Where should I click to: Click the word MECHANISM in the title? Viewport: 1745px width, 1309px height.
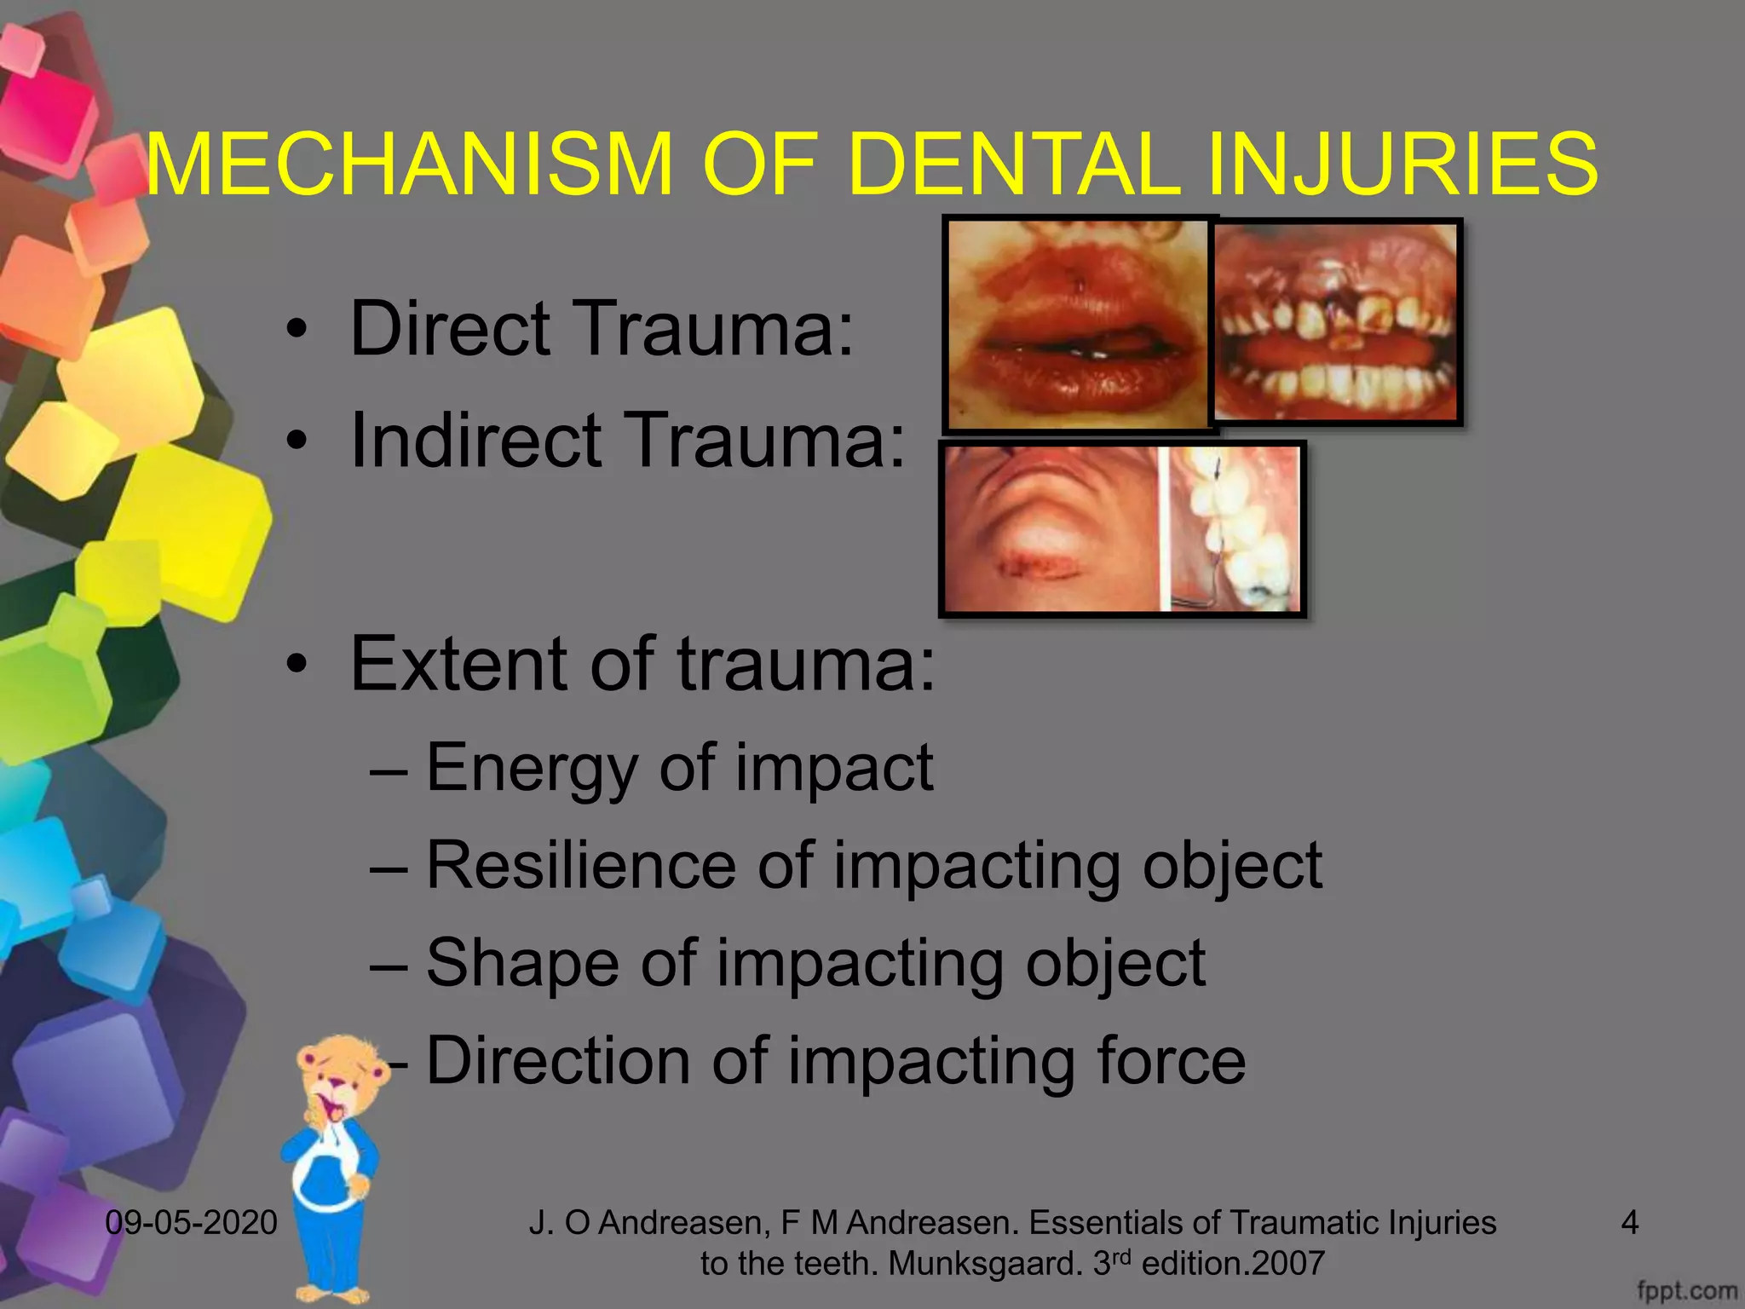409,164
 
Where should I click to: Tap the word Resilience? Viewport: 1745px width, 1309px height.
580,866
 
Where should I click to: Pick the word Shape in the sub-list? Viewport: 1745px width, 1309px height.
521,964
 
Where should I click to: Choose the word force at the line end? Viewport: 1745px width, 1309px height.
1171,1061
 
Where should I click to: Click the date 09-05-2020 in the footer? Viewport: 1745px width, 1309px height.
191,1223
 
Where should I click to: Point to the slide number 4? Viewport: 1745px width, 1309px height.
1629,1223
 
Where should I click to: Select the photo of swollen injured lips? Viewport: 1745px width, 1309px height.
1079,324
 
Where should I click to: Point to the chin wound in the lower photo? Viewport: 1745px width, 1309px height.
1043,563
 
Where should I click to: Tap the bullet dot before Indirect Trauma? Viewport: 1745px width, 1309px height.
296,441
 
